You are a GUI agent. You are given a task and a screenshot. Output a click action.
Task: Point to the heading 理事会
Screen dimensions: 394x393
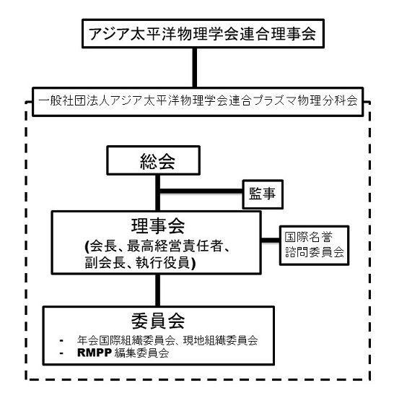click(158, 226)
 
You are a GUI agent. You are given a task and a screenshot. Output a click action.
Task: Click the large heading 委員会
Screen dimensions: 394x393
click(158, 321)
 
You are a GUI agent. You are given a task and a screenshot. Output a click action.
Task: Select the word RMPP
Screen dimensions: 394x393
click(95, 353)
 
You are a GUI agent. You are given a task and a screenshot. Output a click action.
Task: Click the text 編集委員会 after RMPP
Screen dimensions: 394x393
click(141, 353)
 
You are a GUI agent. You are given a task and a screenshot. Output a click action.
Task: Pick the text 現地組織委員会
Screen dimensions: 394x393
click(220, 340)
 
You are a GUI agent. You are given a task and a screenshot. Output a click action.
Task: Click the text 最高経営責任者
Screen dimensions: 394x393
click(175, 246)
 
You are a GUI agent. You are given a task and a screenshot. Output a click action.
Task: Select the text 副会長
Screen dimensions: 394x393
click(105, 263)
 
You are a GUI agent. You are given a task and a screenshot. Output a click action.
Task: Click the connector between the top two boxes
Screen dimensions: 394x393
click(195, 68)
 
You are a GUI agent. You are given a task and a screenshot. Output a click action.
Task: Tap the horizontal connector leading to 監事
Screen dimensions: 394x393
click(201, 191)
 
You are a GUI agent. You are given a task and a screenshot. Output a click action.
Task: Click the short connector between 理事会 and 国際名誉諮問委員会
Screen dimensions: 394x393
click(271, 240)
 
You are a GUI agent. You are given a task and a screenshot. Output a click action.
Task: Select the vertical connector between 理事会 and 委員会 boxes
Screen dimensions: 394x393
click(157, 290)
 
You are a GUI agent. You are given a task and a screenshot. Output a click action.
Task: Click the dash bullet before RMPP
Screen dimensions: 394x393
click(61, 353)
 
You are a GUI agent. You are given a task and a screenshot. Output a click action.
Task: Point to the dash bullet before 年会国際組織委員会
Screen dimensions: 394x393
click(61, 341)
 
